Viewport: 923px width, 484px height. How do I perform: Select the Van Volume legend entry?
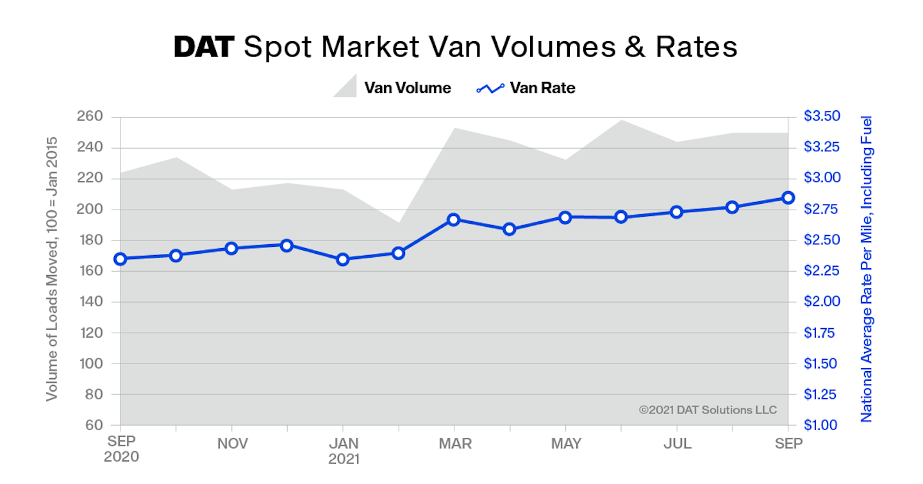coord(392,88)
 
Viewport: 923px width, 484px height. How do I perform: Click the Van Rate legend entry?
coord(526,88)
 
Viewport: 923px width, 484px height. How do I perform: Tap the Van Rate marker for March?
coord(454,220)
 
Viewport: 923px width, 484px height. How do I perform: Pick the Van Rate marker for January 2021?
coord(342,260)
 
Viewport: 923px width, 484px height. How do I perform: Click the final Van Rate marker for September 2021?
coord(788,197)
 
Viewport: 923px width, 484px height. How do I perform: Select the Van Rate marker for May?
coord(565,217)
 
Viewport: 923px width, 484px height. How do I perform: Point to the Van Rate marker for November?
coord(231,248)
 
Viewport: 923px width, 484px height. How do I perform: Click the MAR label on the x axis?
coord(454,444)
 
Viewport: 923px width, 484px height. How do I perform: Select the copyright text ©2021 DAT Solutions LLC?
coord(708,410)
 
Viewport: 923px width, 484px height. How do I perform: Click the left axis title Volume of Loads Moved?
coord(52,269)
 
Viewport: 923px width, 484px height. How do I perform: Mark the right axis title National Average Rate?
coord(867,269)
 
